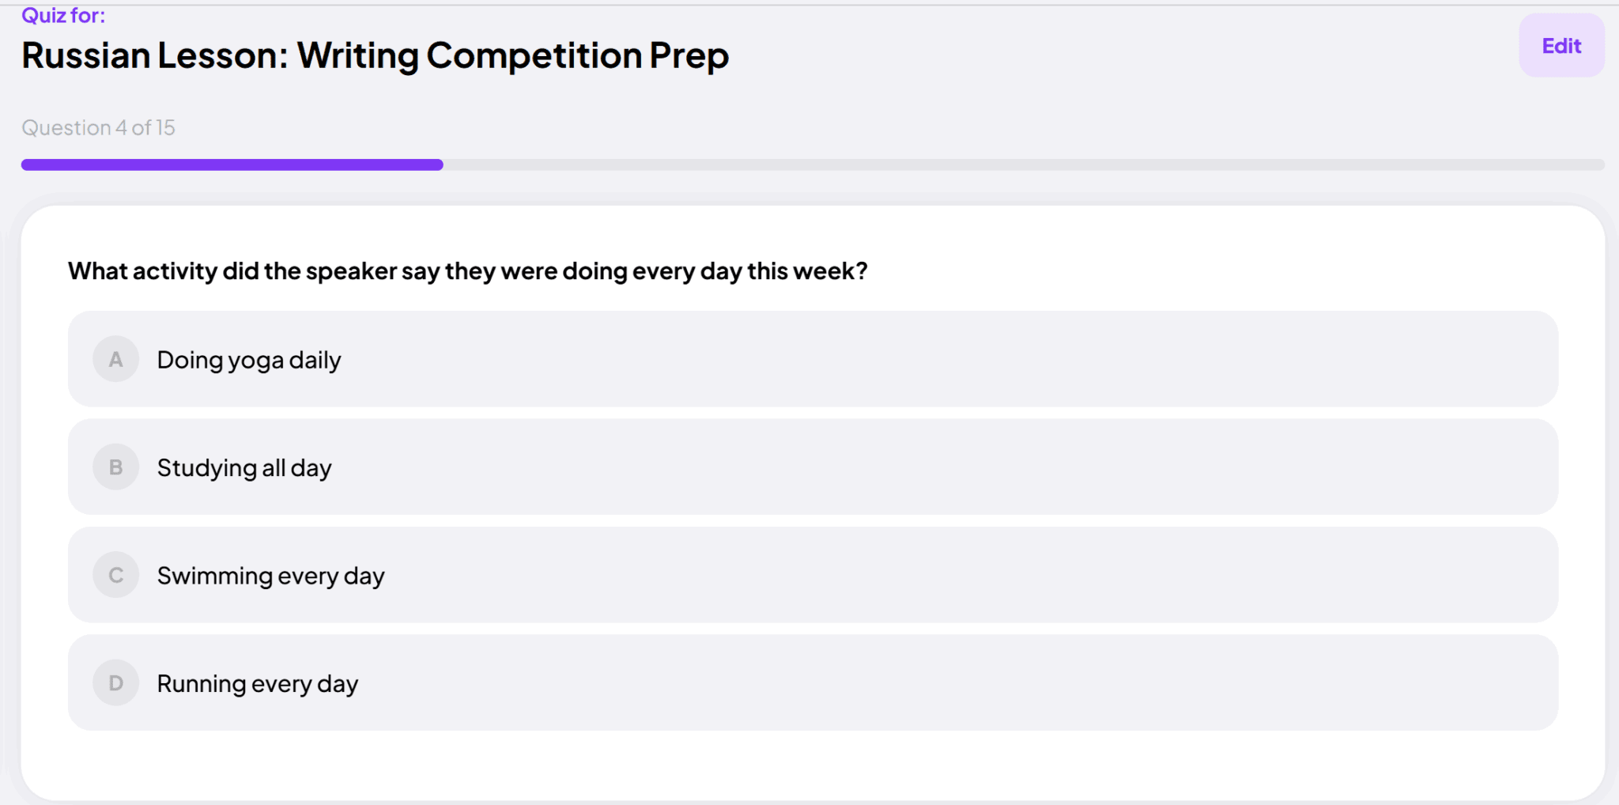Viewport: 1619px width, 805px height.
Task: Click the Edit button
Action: (1561, 46)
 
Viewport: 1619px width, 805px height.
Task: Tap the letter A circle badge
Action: (116, 360)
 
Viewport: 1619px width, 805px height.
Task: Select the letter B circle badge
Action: (116, 467)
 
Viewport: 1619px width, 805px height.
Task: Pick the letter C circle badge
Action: (116, 575)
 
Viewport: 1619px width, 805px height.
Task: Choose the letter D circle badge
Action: (116, 683)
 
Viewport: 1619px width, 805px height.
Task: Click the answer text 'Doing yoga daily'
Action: (249, 361)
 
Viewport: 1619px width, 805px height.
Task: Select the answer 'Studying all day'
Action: (244, 468)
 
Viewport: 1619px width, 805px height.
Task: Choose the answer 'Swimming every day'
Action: (270, 576)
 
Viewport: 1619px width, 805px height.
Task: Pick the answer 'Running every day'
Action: (258, 684)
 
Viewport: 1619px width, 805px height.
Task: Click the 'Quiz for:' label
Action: (63, 16)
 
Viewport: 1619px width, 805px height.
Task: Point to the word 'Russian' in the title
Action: (86, 55)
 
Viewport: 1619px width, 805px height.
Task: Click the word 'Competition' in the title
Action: (534, 56)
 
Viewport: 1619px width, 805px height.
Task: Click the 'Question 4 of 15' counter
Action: (99, 127)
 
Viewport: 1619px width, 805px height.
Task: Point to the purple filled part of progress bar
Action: (232, 164)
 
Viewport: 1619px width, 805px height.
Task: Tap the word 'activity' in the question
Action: (175, 272)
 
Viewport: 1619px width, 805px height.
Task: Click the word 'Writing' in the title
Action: (358, 56)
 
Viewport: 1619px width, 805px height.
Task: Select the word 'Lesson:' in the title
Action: (223, 55)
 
